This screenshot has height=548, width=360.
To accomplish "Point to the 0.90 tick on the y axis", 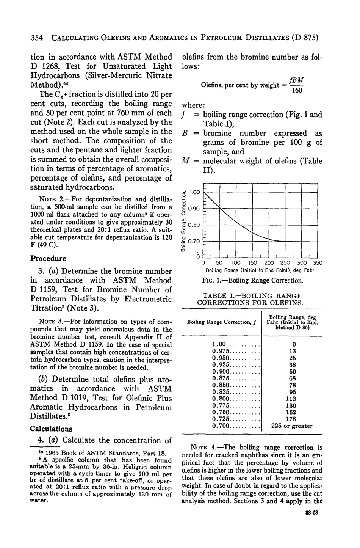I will (194, 209).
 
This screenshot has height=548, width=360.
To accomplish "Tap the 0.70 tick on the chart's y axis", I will (194, 241).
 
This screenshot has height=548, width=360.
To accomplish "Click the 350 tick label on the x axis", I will (317, 263).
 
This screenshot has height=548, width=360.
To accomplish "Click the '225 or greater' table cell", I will (292, 426).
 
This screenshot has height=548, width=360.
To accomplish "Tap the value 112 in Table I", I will (292, 399).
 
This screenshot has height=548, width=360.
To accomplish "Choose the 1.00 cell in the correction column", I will (219, 344).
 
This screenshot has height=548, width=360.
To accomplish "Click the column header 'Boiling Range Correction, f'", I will (220, 322).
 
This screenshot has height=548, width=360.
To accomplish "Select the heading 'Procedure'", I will (48, 258).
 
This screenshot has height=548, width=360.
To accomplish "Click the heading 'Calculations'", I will (51, 429).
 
